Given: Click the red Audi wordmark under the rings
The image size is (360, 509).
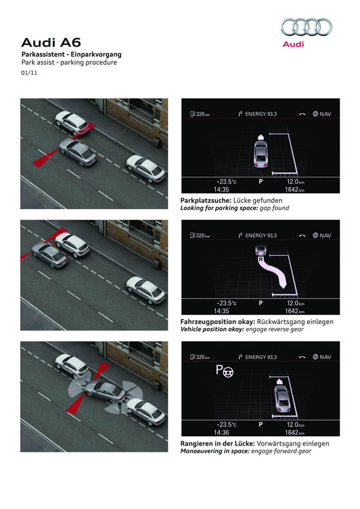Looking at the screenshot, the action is (293, 44).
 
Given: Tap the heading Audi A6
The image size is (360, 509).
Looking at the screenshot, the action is (51, 43).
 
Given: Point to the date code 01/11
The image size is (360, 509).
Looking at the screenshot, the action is (29, 73).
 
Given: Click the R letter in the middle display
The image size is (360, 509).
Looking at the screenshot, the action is (260, 259).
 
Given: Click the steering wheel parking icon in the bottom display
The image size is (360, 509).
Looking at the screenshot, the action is (224, 371).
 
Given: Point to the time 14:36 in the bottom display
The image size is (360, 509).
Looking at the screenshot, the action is (221, 432).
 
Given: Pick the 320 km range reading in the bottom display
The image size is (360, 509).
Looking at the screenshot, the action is (200, 357).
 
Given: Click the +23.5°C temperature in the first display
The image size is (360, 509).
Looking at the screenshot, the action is (227, 182).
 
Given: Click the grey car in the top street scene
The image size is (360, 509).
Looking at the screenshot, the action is (79, 152).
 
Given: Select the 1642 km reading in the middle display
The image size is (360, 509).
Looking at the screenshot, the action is (295, 311).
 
